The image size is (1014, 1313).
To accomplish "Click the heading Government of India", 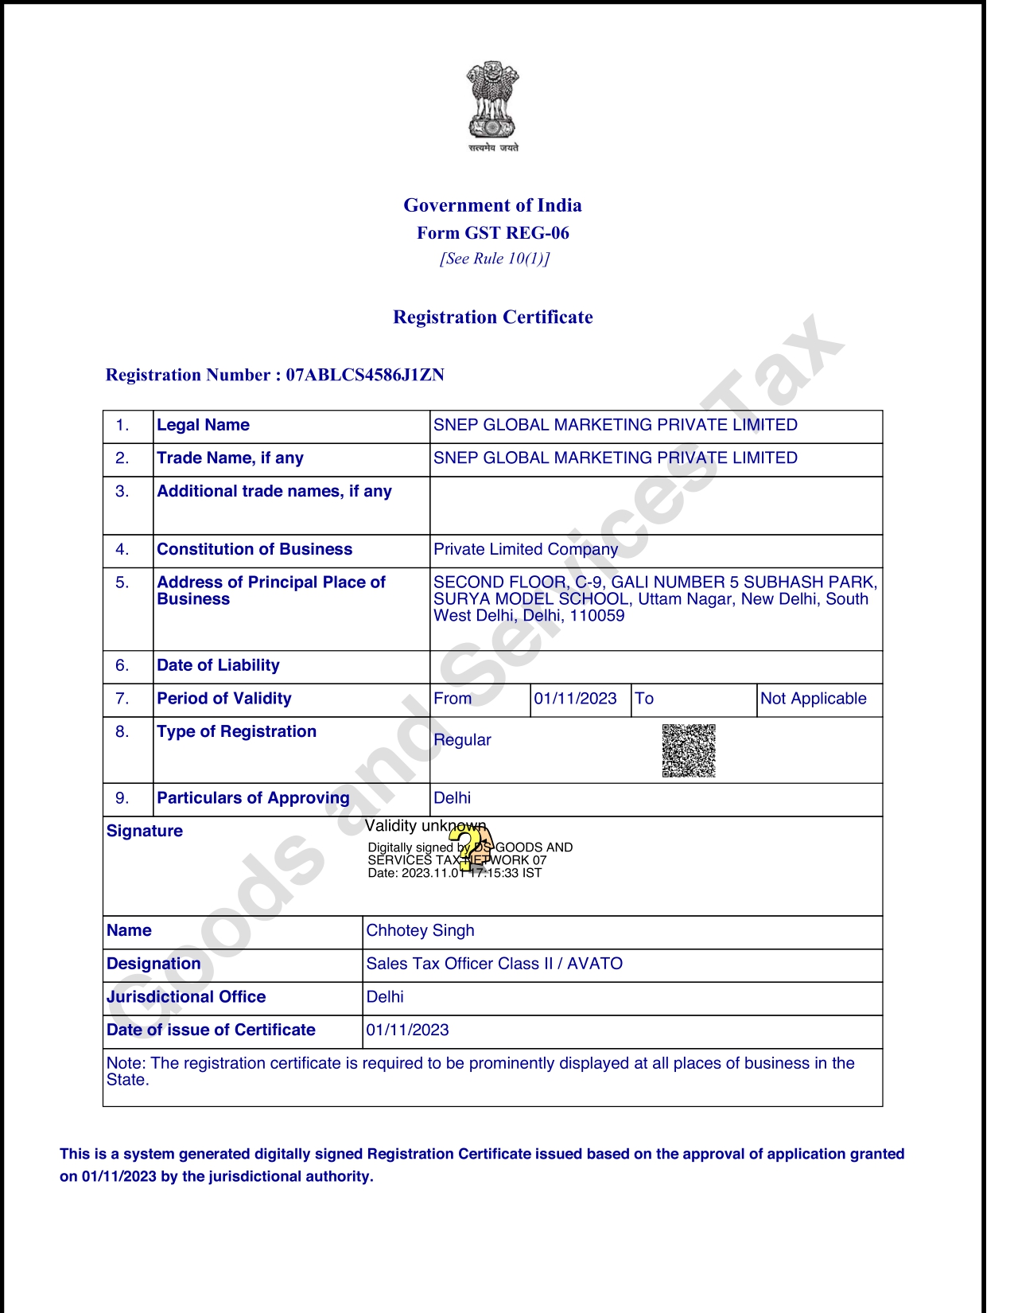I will (492, 205).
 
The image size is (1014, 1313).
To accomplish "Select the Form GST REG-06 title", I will (492, 233).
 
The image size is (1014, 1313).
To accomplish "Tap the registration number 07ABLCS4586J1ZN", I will (365, 375).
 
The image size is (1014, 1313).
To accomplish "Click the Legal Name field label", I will (203, 425).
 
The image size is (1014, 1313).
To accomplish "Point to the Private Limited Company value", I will (525, 549).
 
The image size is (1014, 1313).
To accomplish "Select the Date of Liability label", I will (218, 665).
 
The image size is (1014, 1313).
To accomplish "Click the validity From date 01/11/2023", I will (575, 699).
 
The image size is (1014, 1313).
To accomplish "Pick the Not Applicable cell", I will (813, 699).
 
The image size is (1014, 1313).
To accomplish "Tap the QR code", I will (689, 750).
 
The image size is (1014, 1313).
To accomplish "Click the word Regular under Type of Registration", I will (462, 740).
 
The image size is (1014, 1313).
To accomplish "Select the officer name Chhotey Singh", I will (420, 930).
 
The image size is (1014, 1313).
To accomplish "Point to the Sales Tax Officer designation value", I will (494, 964).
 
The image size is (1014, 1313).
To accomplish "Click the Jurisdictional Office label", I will (186, 997).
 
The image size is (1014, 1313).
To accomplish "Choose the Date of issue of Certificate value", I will (407, 1030).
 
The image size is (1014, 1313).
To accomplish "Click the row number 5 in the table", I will (122, 582).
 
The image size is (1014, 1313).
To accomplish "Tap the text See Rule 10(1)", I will (494, 259).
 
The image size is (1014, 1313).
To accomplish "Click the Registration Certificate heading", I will (492, 318).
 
